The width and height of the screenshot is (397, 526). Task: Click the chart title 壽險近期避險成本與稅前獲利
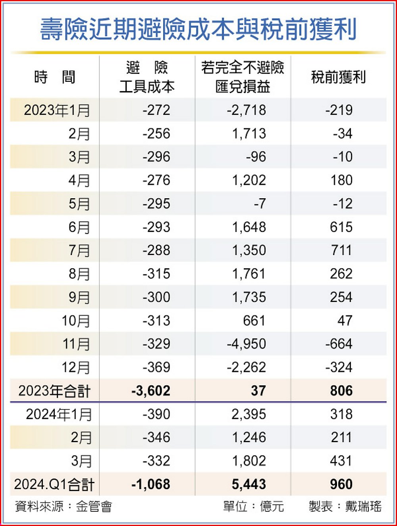click(198, 29)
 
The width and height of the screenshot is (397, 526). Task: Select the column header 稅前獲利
click(338, 77)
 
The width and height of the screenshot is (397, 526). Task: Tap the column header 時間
click(55, 77)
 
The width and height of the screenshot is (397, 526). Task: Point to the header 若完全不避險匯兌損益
click(243, 77)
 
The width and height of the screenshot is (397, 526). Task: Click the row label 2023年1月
click(57, 110)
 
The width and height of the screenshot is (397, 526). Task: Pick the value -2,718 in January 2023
click(246, 110)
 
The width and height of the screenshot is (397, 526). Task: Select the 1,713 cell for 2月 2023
click(249, 133)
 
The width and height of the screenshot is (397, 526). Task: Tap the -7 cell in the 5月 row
click(260, 204)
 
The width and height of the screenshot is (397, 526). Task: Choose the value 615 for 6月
click(341, 227)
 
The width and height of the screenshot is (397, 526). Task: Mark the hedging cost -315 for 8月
click(156, 274)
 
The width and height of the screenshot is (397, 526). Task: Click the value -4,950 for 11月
click(246, 344)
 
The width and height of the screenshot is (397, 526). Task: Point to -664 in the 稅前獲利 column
click(339, 344)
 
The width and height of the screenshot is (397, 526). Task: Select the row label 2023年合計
click(54, 391)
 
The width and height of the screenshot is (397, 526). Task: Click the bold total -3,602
click(151, 391)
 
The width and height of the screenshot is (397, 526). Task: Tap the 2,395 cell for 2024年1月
click(249, 414)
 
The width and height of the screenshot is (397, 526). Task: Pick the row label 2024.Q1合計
click(54, 485)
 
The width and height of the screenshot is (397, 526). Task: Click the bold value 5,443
click(249, 485)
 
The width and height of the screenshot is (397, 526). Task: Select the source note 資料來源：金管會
click(64, 507)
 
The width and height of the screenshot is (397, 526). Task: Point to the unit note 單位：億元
click(254, 507)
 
